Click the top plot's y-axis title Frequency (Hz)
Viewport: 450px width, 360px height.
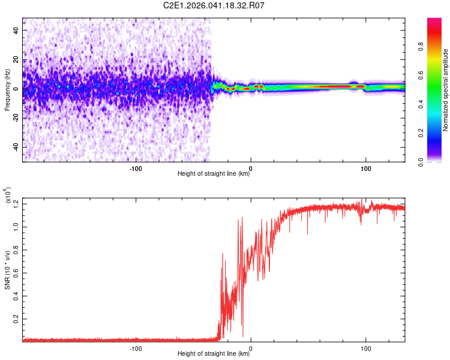[7, 90]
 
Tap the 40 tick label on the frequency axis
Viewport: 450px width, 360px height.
[16, 29]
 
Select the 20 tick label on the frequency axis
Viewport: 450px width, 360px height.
[16, 59]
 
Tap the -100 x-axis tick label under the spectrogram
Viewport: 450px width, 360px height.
[136, 169]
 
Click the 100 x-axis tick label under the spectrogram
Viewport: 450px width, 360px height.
[365, 169]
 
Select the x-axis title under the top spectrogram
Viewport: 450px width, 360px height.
[214, 174]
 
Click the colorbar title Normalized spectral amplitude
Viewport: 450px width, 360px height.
[445, 90]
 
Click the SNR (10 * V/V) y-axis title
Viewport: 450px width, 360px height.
[7, 269]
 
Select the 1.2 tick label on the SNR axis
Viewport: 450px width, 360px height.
[16, 204]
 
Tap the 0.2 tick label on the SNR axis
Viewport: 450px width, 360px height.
[16, 319]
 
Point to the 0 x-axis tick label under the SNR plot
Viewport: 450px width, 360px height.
[251, 348]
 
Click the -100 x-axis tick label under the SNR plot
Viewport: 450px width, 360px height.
[136, 348]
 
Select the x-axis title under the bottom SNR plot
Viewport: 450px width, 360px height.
[214, 354]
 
